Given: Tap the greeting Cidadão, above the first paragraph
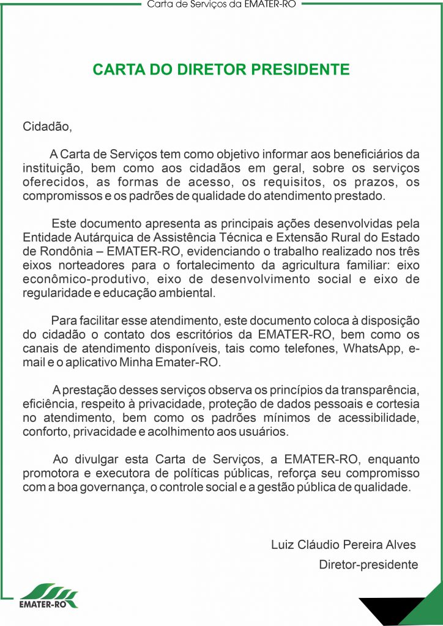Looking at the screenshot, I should (47, 127).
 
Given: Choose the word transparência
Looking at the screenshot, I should (378, 390).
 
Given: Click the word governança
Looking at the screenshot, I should (136, 487).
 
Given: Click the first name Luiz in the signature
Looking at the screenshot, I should (283, 545).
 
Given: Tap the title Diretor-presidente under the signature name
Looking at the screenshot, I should (368, 565).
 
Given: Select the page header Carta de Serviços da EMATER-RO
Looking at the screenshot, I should (221, 5).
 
